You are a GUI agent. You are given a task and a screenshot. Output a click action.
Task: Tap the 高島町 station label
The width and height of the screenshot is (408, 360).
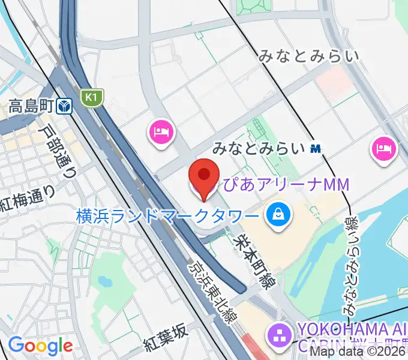31,107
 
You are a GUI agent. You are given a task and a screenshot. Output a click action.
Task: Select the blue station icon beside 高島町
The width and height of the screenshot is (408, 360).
65,107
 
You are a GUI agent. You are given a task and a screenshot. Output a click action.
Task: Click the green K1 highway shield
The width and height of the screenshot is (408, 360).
91,97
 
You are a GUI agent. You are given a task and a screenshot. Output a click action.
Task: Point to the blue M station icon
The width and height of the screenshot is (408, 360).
316,148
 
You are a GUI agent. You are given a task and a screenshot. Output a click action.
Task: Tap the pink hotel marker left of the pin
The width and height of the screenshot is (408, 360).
160,131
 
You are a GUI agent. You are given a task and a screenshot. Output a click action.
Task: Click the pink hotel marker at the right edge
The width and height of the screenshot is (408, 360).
384,148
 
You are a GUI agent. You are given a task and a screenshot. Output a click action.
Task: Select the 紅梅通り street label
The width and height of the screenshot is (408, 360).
27,199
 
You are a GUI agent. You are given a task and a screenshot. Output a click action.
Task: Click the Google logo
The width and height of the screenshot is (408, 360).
40,346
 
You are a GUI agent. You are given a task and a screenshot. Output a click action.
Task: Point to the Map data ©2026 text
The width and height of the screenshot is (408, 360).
358,352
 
